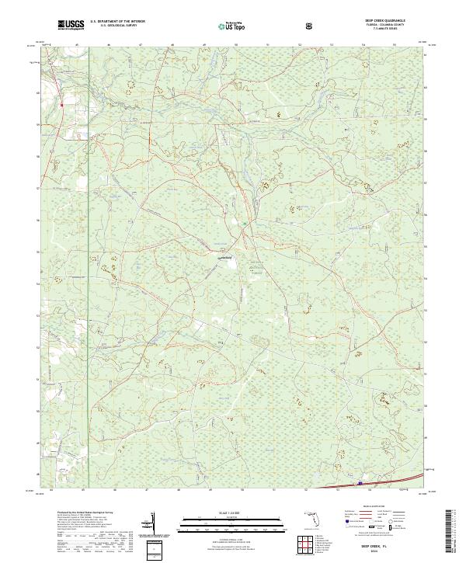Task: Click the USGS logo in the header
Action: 71,26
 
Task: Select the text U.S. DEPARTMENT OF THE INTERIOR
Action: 117,22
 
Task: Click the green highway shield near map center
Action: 243,224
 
